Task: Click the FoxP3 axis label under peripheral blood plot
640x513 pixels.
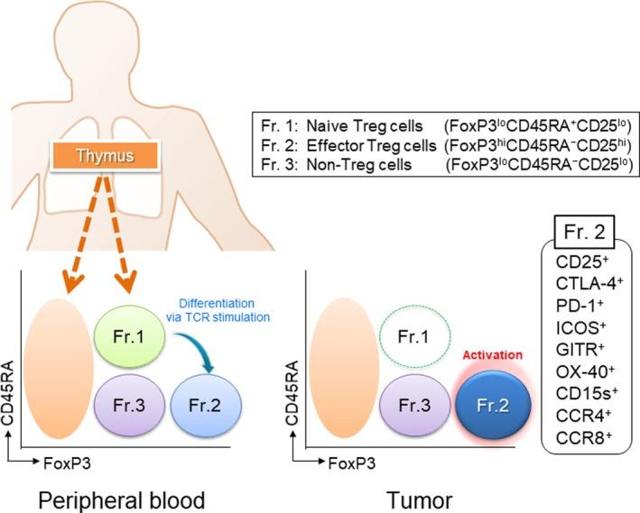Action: point(69,459)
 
